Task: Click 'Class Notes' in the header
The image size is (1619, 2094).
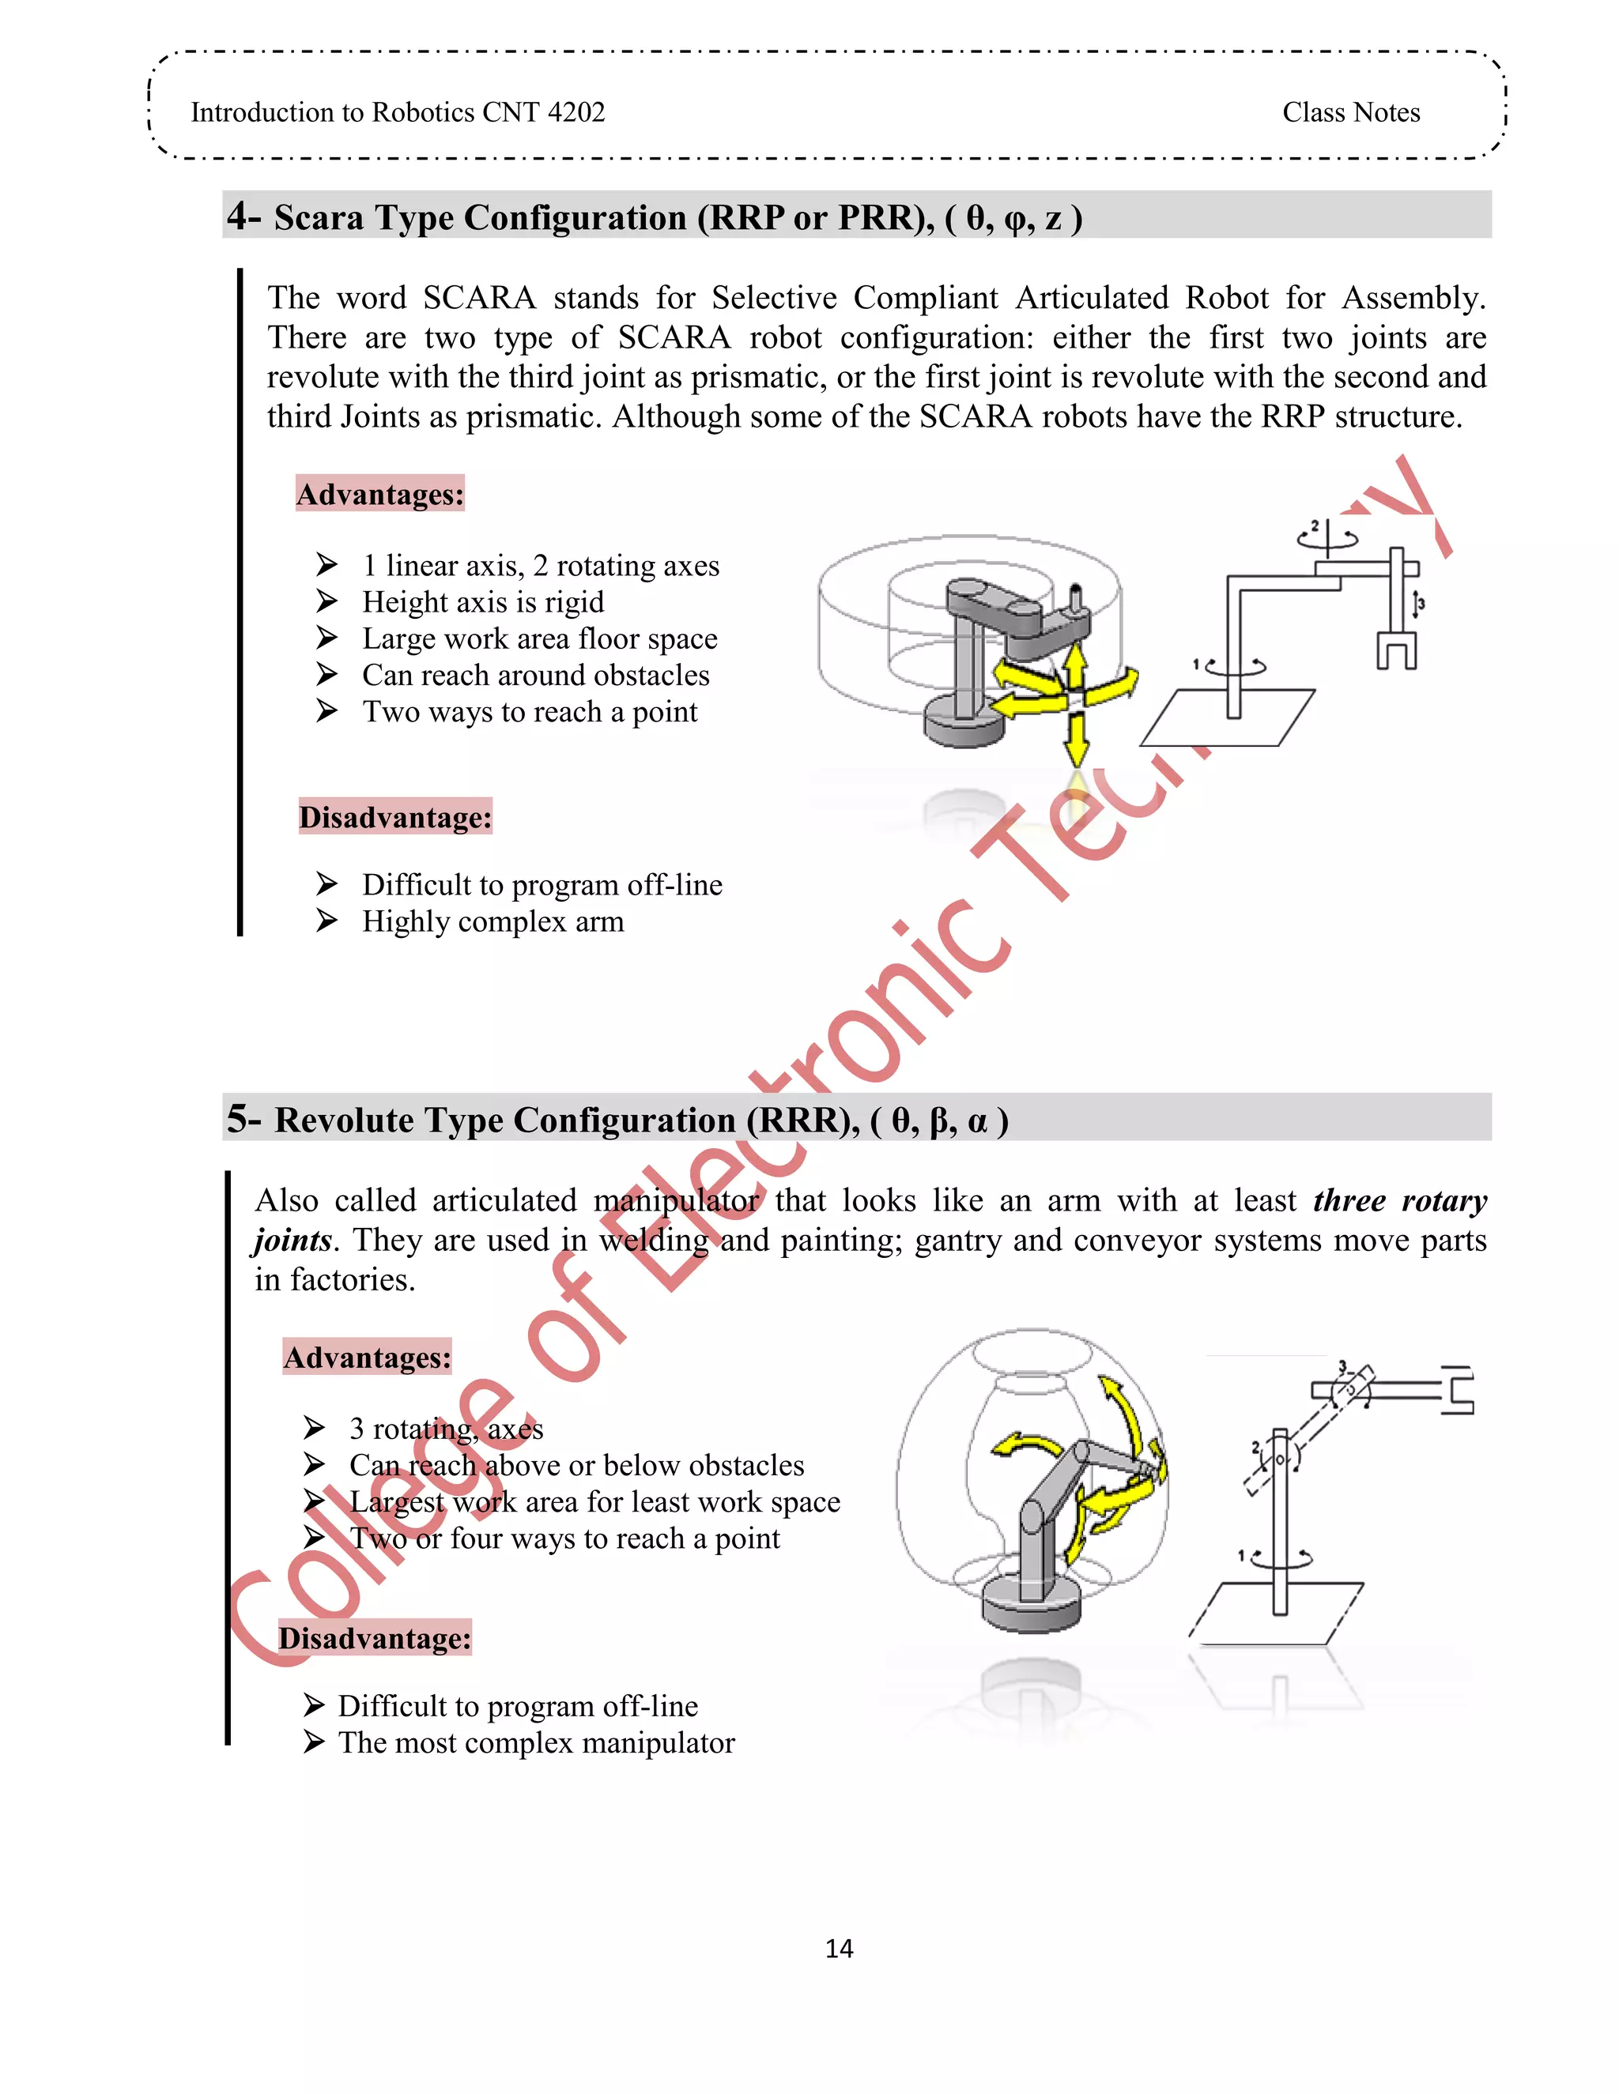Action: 1350,112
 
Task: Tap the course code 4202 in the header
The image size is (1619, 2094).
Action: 576,112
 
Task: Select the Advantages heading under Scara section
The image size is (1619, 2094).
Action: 379,494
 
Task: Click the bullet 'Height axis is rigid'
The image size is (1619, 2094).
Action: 482,602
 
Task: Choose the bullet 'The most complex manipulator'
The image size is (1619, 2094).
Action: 535,1742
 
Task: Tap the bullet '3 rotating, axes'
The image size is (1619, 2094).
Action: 446,1429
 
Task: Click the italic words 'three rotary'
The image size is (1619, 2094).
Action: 1399,1200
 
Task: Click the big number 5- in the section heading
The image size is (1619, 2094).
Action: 243,1119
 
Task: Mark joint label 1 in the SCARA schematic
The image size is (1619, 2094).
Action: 1196,664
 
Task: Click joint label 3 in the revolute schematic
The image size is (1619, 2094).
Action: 1342,1365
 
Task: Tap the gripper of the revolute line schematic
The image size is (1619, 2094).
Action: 1458,1390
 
